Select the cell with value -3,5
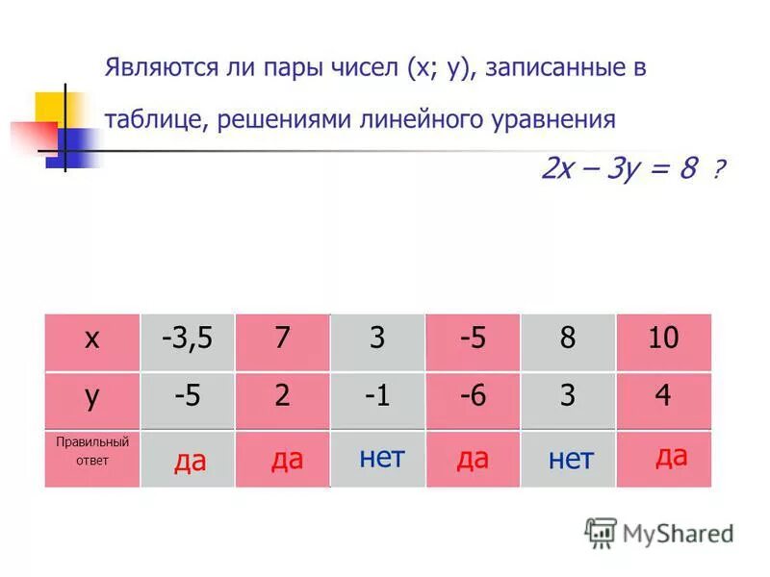[x=188, y=339]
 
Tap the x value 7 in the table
[x=282, y=339]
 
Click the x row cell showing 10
[x=663, y=339]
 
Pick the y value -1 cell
[x=377, y=397]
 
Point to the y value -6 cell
[x=472, y=397]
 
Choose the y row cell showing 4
[x=663, y=397]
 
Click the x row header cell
[x=92, y=339]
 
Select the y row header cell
[x=92, y=397]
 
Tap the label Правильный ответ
[x=92, y=450]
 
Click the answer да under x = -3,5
[x=190, y=463]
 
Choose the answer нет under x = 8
[x=571, y=460]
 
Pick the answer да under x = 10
[x=671, y=456]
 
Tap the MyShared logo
[x=659, y=532]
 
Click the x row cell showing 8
[x=568, y=339]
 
